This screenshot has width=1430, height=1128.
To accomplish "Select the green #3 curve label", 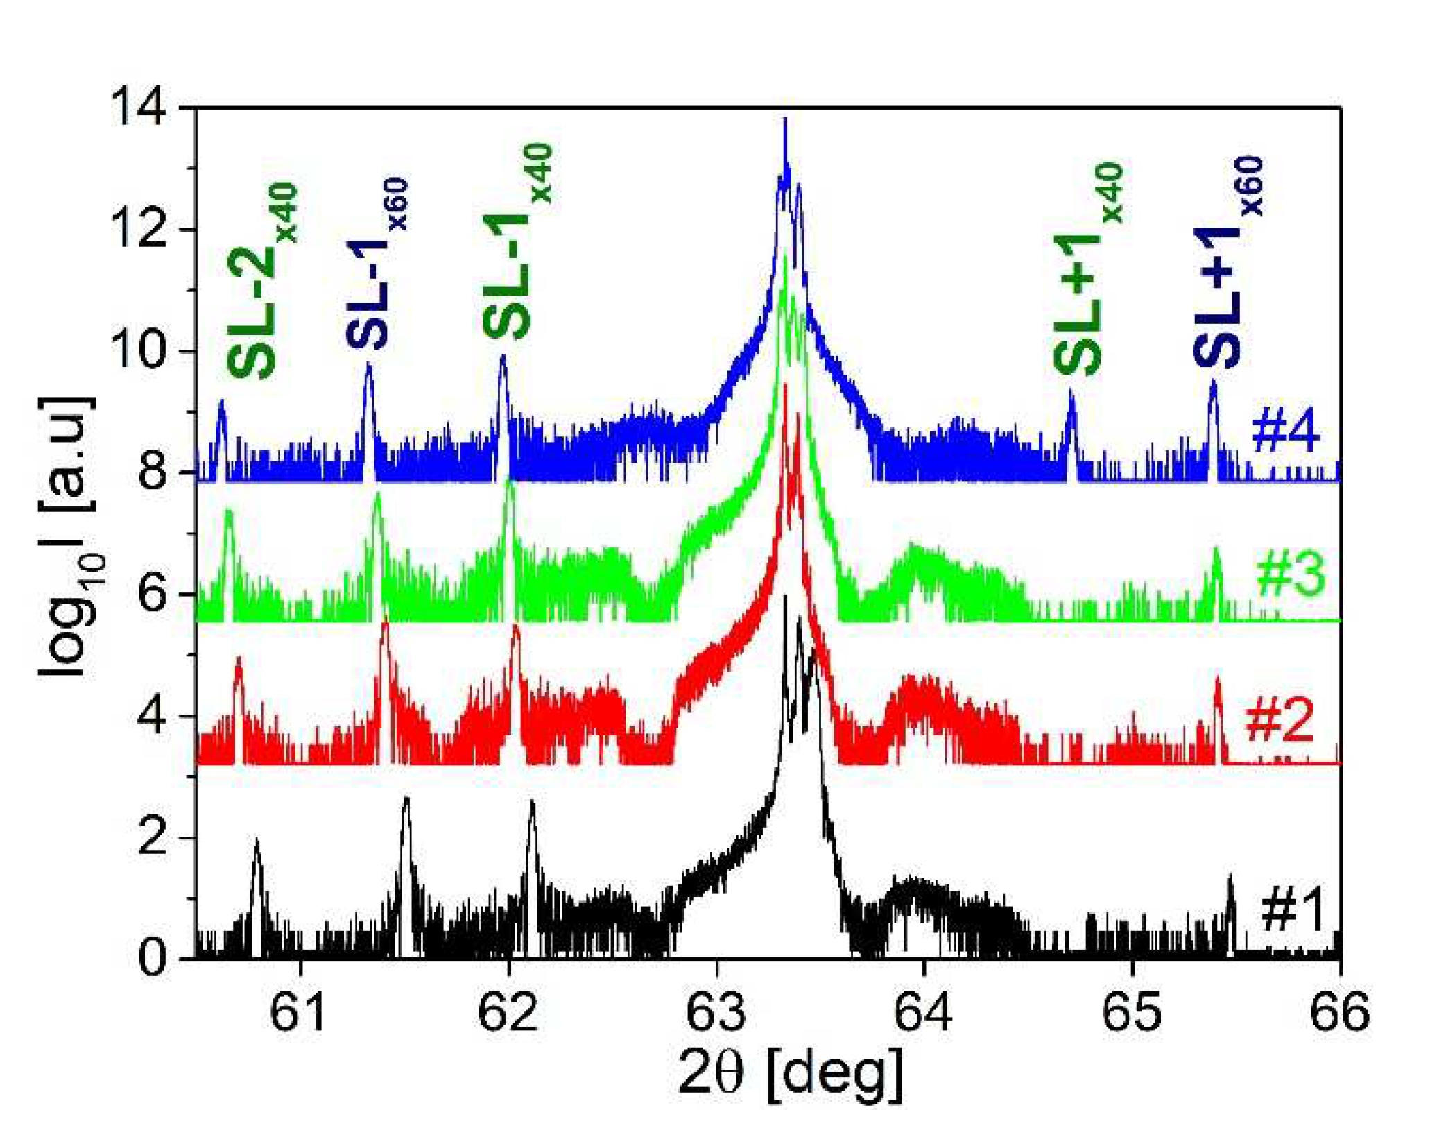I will pyautogui.click(x=1290, y=575).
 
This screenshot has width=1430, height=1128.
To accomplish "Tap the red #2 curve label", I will pyautogui.click(x=1280, y=720).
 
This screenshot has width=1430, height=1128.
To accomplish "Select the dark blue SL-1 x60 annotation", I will pyautogui.click(x=377, y=264).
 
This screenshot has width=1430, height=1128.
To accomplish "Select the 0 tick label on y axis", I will pyautogui.click(x=152, y=958).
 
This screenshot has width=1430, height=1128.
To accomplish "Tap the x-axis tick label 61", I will pyautogui.click(x=299, y=1011).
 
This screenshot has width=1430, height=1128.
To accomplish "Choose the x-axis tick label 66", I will pyautogui.click(x=1339, y=1011).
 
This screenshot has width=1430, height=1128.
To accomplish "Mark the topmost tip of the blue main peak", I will pyautogui.click(x=785, y=119).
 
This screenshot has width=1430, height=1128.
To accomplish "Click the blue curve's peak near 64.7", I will pyautogui.click(x=1071, y=393).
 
